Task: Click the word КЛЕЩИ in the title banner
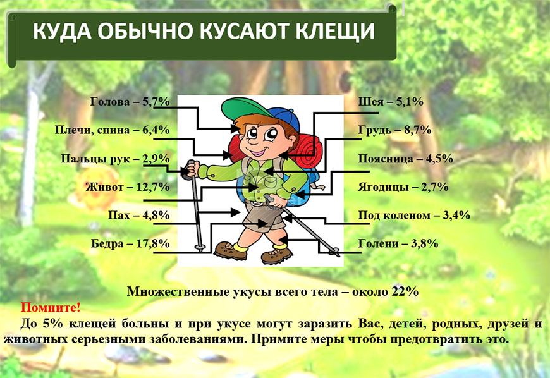[335, 31]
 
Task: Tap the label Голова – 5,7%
[130, 102]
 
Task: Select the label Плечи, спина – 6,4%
[113, 130]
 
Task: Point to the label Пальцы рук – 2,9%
[116, 159]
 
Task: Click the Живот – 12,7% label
[128, 187]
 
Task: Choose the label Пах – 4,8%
[139, 215]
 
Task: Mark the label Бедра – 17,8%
[130, 243]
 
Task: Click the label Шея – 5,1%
[391, 102]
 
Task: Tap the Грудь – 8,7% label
[394, 130]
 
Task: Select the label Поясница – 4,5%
[405, 159]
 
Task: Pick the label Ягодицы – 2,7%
[403, 187]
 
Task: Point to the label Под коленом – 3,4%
[414, 215]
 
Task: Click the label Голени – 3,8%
[398, 243]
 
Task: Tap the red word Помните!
[51, 307]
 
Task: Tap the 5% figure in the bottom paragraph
[52, 323]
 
